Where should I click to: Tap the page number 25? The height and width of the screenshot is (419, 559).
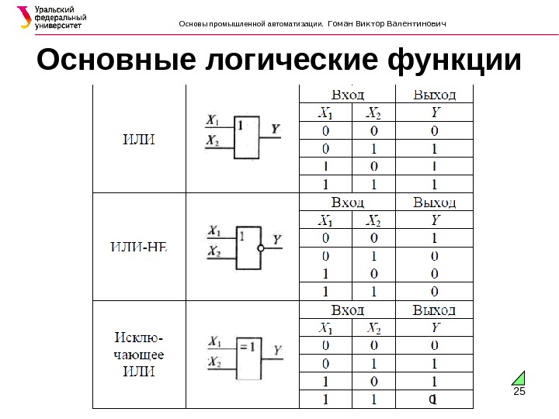[x=519, y=392]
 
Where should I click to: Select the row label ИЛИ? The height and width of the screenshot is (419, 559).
[x=140, y=140]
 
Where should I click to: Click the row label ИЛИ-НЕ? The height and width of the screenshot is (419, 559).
[x=140, y=247]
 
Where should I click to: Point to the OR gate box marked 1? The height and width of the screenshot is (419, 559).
[x=247, y=137]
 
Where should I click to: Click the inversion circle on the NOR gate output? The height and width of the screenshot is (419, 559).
[x=261, y=249]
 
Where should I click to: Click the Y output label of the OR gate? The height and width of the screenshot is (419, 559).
[x=276, y=127]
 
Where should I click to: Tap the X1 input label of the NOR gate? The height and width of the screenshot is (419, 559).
[x=214, y=231]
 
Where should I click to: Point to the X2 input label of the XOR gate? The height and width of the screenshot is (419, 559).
[x=214, y=363]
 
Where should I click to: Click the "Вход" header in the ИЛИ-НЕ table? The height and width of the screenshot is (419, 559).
[x=347, y=203]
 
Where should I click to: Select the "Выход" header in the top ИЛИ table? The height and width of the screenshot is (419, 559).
[x=434, y=95]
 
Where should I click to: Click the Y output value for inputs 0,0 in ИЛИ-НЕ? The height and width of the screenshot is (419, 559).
[x=434, y=237]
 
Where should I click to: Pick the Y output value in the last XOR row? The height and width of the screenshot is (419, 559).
[x=434, y=400]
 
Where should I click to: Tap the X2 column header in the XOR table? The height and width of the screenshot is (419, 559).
[x=373, y=327]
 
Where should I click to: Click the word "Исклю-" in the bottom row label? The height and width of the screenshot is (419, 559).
[x=139, y=338]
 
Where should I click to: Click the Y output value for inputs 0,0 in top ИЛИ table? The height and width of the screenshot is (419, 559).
[x=434, y=130]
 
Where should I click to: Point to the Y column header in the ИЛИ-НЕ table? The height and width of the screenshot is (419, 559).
[x=434, y=220]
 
